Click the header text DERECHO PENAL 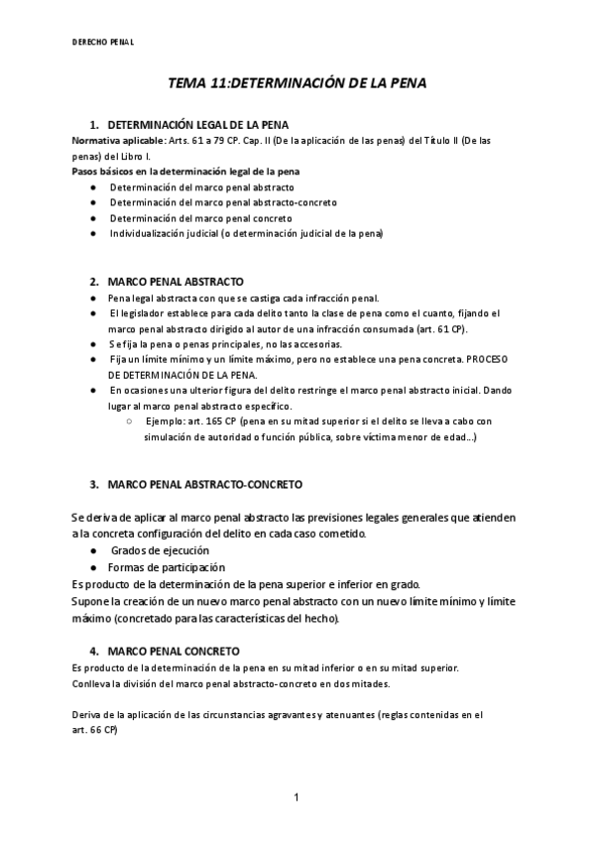click(104, 43)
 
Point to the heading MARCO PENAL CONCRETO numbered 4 click(173, 651)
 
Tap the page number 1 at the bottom click(297, 796)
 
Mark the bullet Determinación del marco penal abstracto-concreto click(223, 202)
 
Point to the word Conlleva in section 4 click(93, 683)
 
